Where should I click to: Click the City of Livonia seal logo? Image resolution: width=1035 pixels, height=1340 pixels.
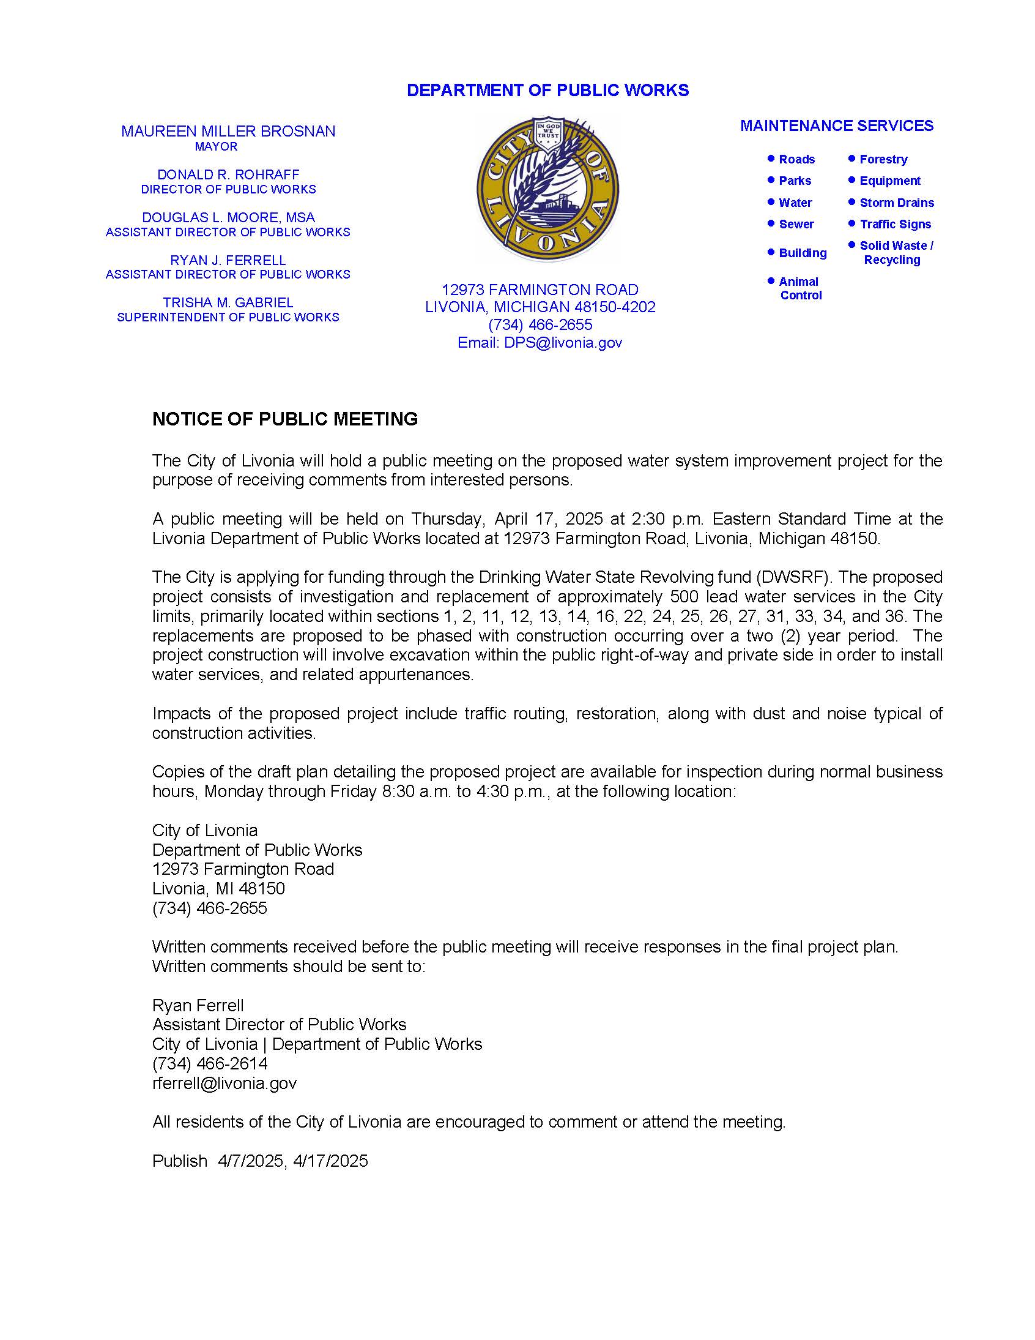547,190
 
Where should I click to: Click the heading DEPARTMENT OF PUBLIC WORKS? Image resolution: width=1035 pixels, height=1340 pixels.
547,90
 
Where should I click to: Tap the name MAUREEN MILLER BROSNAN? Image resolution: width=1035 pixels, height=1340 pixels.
228,131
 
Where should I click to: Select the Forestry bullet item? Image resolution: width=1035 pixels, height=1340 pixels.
883,160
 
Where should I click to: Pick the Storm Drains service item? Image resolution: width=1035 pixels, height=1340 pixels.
896,203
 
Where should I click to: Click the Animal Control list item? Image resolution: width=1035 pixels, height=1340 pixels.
799,288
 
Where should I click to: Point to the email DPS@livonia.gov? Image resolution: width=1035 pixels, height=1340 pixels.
562,343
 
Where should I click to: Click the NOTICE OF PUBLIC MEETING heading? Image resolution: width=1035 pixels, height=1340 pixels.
285,419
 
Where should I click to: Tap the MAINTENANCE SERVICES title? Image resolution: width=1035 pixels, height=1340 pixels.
836,125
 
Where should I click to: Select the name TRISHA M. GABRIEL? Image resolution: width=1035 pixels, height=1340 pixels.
228,303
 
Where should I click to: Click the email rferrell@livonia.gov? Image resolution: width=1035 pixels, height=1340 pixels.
224,1083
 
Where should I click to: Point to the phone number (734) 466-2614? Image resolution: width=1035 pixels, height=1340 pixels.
210,1063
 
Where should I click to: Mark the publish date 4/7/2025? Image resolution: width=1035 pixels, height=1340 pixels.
250,1161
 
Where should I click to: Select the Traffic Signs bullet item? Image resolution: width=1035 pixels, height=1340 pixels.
895,225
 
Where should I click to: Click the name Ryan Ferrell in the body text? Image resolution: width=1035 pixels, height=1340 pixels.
198,1005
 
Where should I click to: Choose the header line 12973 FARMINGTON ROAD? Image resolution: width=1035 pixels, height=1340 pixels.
540,290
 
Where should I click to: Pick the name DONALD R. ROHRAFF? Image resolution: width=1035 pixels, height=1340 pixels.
228,175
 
